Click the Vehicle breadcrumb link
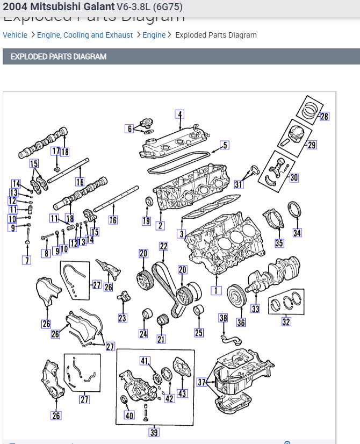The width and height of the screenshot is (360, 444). [15, 35]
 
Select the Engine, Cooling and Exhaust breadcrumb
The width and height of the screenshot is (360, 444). [85, 35]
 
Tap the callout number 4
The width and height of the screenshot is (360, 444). [180, 114]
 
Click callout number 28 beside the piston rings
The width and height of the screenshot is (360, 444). [325, 116]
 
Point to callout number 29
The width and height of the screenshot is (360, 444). [312, 145]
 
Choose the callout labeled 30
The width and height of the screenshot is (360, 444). [293, 177]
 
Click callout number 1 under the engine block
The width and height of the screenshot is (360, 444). [216, 290]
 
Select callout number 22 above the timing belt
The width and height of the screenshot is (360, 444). [163, 246]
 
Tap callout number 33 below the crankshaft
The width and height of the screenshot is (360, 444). [256, 309]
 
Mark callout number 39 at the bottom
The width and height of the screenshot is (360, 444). [154, 432]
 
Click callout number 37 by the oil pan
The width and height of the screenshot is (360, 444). [202, 382]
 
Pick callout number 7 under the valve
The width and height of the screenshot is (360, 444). [26, 260]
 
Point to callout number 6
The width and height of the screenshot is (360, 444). [129, 128]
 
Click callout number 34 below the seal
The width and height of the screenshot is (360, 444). [297, 233]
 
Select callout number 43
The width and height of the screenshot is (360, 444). [182, 393]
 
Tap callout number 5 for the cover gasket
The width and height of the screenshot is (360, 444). [225, 145]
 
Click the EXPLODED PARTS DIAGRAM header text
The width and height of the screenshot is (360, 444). [59, 56]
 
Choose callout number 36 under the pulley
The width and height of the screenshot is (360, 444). [241, 322]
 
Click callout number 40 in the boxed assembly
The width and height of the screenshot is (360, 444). [129, 416]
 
